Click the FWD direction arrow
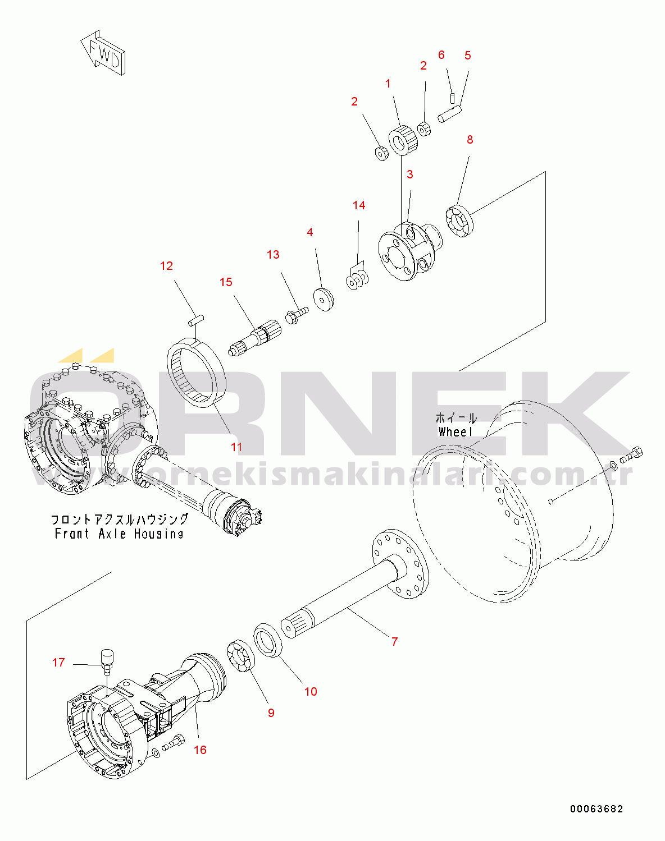(x=104, y=53)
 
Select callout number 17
(x=58, y=663)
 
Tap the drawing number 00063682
(x=596, y=809)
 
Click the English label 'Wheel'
(x=456, y=432)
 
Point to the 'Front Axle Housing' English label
(x=119, y=534)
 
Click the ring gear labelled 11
(x=197, y=374)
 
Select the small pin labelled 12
(x=195, y=320)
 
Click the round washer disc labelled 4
(x=324, y=298)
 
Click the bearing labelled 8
(x=460, y=222)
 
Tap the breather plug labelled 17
(x=106, y=658)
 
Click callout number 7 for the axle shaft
(x=394, y=641)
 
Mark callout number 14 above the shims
(x=359, y=205)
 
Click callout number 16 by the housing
(x=200, y=750)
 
